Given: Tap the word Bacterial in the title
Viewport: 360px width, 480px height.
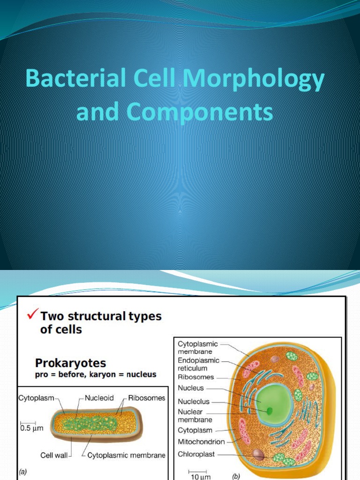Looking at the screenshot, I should click(74, 80).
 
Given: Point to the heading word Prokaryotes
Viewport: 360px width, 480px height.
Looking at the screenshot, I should click(70, 363).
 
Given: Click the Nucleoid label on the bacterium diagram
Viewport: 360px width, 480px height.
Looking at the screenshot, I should click(100, 398).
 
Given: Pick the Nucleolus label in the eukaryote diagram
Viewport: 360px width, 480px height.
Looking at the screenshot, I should click(194, 402).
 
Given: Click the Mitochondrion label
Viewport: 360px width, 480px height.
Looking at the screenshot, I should click(201, 441).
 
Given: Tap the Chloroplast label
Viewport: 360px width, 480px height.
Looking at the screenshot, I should click(197, 454).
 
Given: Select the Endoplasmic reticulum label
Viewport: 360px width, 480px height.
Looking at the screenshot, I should click(199, 364).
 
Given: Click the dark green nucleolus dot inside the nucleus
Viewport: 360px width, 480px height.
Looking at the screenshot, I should click(270, 411).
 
